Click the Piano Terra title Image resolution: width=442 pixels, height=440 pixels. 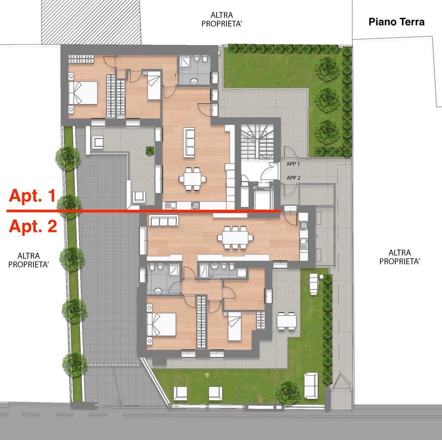pos(396,22)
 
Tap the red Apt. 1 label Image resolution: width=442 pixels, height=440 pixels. pos(32,196)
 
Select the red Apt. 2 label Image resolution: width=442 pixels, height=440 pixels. pos(33,226)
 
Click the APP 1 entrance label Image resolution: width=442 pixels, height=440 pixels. pos(293,164)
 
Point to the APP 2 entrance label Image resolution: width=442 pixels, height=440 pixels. pos(293,178)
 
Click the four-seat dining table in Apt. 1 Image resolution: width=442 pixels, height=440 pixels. pos(192,179)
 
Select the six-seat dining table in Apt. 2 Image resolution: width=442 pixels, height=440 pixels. pos(235,237)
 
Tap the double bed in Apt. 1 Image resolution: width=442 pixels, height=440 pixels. pos(83,93)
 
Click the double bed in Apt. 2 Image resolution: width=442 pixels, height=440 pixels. pos(161,325)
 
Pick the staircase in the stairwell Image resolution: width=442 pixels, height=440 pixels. pos(257,142)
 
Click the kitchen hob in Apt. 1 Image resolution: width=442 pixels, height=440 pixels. pos(196,205)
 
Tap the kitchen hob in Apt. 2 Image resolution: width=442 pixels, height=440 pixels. pos(304,226)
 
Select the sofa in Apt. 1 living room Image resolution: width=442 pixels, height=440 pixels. pos(189,143)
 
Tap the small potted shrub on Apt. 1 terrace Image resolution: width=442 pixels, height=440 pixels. pos(150,151)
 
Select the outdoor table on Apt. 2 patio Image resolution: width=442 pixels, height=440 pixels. pos(287,321)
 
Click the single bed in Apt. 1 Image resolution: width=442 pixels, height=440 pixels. pos(154,85)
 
